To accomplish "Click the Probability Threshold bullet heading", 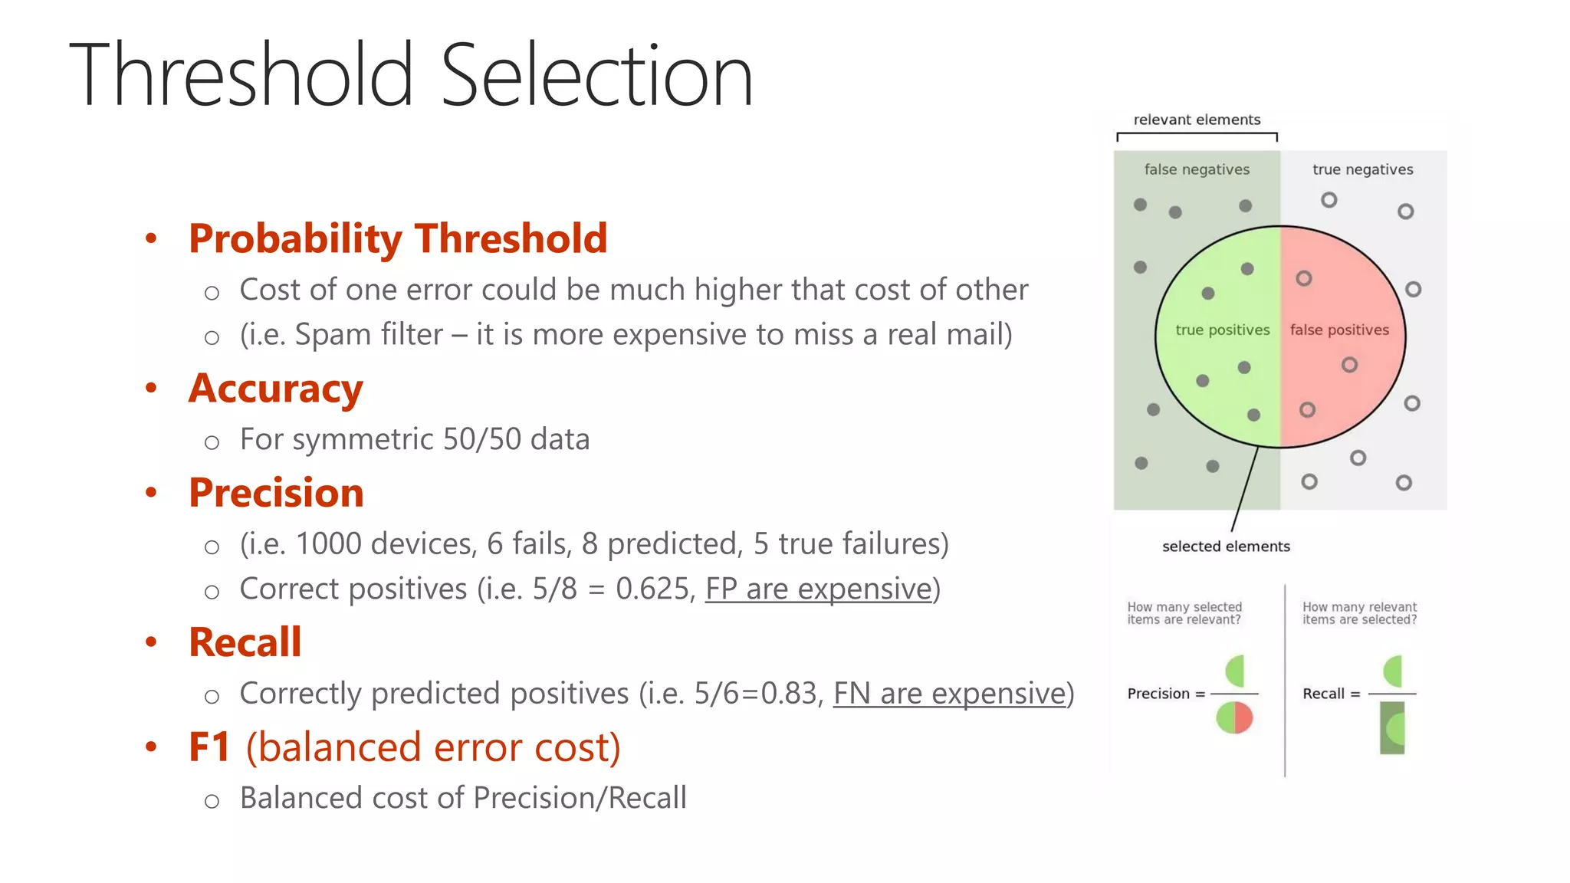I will (x=398, y=238).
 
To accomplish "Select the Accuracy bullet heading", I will (x=276, y=389).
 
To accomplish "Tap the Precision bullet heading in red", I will (x=276, y=493).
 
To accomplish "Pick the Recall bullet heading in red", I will (x=245, y=642).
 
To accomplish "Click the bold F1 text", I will (x=209, y=747).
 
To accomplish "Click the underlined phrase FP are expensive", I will (x=818, y=589).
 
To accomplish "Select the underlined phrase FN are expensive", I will (x=949, y=693).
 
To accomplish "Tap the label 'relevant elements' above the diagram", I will (x=1197, y=120).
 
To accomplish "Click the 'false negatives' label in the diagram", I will (x=1197, y=169).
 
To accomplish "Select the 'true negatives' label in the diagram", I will (x=1362, y=169).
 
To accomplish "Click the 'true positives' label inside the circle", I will (x=1222, y=330).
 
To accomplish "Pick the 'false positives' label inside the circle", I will (x=1339, y=330).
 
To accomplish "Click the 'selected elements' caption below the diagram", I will (x=1226, y=547).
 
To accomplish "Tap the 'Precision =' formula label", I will (x=1165, y=694).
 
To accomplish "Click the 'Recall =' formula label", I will (x=1331, y=694).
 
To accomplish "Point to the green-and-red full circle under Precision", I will (x=1234, y=718).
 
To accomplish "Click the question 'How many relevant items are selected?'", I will (x=1359, y=613).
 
